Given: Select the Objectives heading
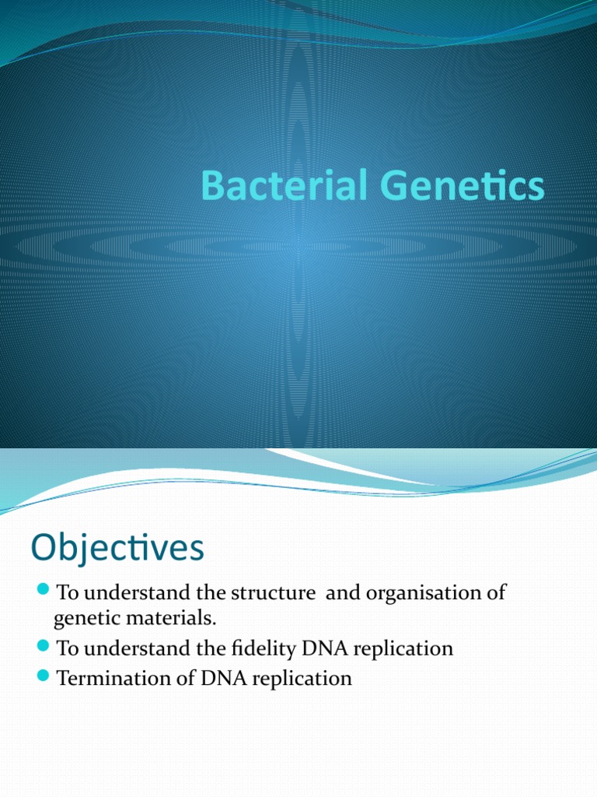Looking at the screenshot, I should [x=117, y=549].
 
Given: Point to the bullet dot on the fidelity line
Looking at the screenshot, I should [x=43, y=647].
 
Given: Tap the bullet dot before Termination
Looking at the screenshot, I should [x=43, y=677].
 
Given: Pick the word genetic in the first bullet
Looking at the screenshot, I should [x=83, y=620].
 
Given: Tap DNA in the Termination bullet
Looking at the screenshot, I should [x=224, y=678].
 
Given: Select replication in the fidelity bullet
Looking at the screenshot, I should [x=404, y=648].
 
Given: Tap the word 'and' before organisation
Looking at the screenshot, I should [x=340, y=593].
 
